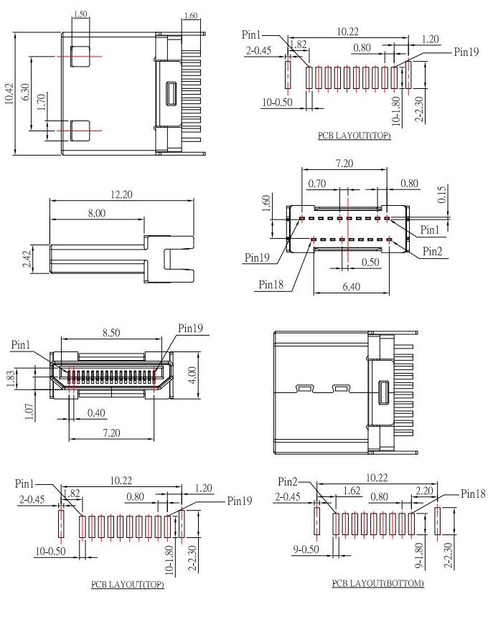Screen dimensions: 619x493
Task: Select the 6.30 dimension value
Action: click(x=27, y=92)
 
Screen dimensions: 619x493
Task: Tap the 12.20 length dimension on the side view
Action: click(x=118, y=194)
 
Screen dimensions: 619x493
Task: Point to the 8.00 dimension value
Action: click(x=95, y=213)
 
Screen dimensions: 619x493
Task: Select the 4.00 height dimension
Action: click(x=192, y=374)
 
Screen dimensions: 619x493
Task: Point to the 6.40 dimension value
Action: click(x=352, y=286)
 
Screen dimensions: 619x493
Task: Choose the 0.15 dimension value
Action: click(x=440, y=193)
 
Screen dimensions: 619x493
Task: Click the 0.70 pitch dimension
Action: click(x=316, y=184)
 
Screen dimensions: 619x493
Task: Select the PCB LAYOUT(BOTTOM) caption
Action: click(x=377, y=583)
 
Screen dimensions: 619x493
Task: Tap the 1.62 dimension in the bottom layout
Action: click(x=352, y=492)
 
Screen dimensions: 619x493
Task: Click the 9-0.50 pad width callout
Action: click(x=305, y=550)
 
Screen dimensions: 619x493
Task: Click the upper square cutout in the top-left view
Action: click(x=80, y=55)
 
